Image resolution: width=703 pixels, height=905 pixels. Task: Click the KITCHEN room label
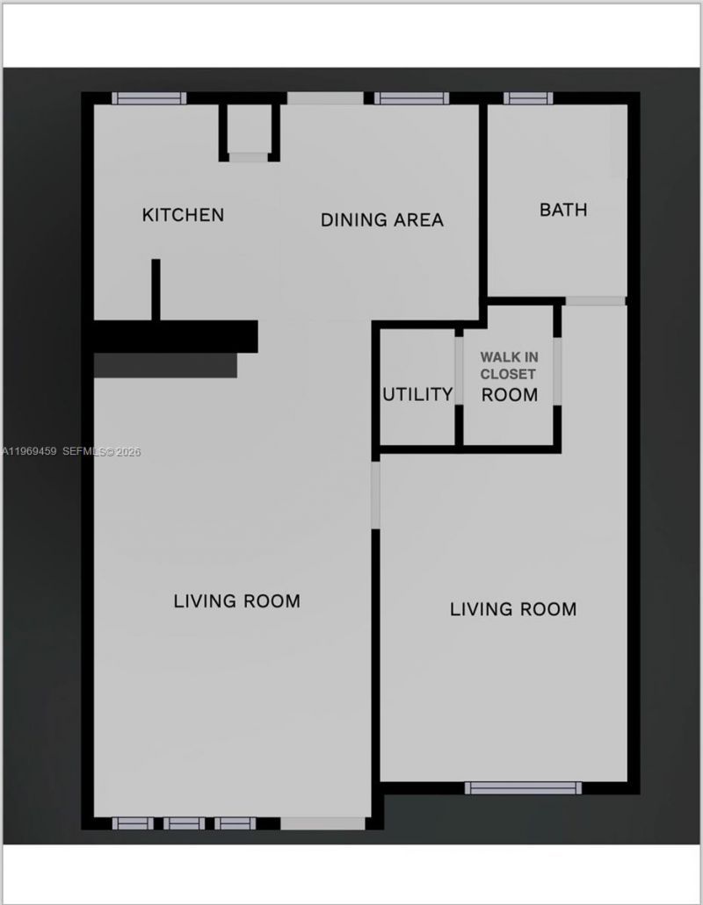(183, 215)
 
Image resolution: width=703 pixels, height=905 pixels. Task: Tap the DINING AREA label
(381, 220)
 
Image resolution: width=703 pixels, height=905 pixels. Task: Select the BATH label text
(563, 211)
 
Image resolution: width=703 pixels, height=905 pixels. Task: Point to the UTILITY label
(417, 395)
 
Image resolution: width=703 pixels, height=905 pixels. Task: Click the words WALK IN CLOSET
(509, 365)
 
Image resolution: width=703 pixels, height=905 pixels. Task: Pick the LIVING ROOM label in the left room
(236, 601)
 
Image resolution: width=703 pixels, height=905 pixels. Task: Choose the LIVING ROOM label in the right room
(513, 609)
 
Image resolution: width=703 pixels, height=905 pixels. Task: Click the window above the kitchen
(149, 98)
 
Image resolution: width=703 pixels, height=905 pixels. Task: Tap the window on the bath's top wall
(529, 98)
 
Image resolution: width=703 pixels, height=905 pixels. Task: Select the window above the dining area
(411, 98)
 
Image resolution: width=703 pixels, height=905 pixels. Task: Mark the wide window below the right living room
(523, 787)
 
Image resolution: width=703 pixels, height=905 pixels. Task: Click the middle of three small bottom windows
(184, 823)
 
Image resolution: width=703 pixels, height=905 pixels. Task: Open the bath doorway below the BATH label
(595, 301)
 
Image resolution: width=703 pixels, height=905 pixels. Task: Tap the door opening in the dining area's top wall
(324, 98)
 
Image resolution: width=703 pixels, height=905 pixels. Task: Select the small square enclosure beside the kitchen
(249, 130)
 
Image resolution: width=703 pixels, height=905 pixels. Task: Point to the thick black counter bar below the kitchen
(176, 336)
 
